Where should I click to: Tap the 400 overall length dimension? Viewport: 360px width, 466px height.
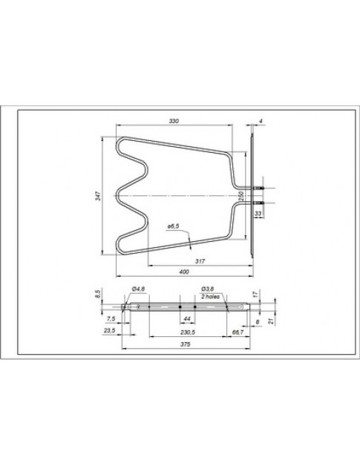183,272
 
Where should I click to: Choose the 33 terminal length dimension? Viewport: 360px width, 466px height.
258,213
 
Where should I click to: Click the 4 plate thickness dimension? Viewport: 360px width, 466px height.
261,119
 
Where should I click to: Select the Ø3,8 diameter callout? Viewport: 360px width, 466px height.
207,288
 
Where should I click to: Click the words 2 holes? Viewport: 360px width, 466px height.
209,295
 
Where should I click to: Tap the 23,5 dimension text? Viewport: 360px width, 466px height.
109,331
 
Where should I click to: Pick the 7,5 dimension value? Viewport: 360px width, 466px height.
111,317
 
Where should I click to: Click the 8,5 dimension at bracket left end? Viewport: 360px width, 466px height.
99,294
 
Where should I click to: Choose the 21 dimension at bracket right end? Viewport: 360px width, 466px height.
272,321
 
